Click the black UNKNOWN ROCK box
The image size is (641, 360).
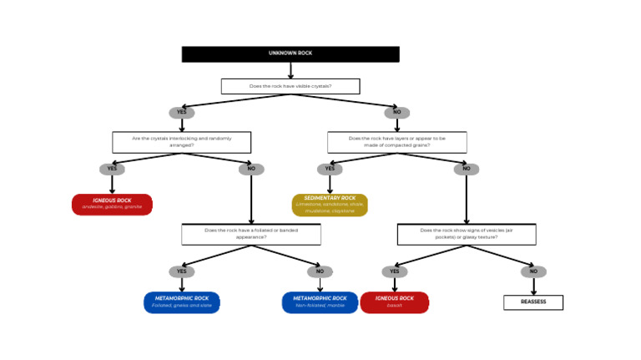[x=290, y=53]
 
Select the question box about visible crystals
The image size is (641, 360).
[x=290, y=86]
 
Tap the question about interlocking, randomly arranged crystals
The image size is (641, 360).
[x=181, y=142]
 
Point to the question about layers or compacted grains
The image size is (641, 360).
[x=396, y=142]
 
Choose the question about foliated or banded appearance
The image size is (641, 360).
[x=250, y=234]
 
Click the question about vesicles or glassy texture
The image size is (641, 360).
[x=466, y=234]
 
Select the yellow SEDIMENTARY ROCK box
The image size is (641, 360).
[x=330, y=205]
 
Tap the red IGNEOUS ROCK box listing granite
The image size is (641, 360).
[x=112, y=205]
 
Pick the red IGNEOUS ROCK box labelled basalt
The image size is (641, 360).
[x=394, y=302]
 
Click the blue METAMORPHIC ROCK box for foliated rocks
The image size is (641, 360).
[x=181, y=302]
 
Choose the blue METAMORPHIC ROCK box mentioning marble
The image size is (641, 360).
[x=320, y=302]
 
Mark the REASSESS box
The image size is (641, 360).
[x=533, y=302]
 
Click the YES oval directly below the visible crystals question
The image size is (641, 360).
[x=181, y=113]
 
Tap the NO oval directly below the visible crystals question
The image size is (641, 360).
[x=396, y=113]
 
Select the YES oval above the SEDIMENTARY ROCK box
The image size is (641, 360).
[x=330, y=169]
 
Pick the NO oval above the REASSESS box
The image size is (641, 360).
[x=533, y=271]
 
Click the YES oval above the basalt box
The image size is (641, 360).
[x=394, y=271]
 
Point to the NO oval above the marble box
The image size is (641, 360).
[x=320, y=271]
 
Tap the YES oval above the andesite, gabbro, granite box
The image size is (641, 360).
[x=112, y=169]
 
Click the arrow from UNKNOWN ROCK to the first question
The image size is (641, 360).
[x=290, y=70]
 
